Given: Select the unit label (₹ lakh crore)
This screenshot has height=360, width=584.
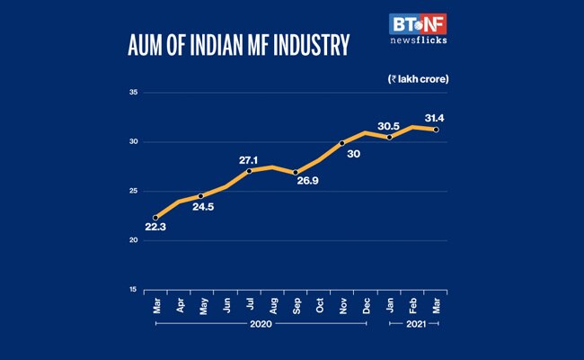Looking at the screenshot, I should click(418, 79).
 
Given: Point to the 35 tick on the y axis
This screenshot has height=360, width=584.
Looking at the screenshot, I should click(132, 93).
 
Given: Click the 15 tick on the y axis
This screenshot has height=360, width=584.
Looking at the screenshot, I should click(132, 290).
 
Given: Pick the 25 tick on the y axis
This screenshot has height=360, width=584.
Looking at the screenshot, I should click(132, 191).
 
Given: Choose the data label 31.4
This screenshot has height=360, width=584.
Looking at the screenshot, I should click(436, 120).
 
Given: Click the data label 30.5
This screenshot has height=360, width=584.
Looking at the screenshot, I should click(388, 125).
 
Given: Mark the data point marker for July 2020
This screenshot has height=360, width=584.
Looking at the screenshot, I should click(249, 171).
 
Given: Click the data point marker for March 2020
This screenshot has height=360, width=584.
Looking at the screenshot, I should click(155, 217).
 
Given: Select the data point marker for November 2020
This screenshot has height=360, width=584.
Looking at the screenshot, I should click(342, 142).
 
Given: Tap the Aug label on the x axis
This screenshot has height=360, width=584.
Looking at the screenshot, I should click(272, 305).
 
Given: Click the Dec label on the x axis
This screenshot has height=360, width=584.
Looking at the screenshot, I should click(367, 305).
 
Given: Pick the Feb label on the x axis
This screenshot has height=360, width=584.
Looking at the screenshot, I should click(413, 305).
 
